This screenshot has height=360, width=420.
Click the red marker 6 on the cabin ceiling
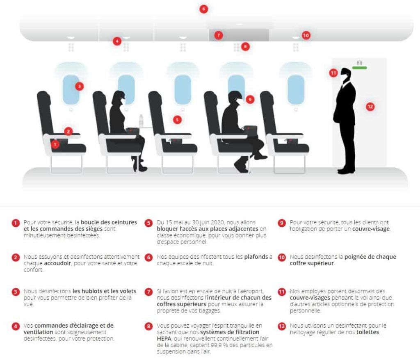coord(204,9)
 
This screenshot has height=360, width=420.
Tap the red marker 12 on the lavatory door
coord(370,107)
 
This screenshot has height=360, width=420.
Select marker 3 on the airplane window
coord(79,86)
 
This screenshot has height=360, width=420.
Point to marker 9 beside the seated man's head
coord(250,99)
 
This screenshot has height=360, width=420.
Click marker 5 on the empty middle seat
coord(177,120)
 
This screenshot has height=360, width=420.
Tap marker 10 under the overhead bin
coord(306,36)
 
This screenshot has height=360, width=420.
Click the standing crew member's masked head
coord(346,75)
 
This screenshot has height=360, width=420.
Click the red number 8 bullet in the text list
coord(148,326)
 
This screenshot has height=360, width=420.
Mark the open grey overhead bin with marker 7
coord(239,35)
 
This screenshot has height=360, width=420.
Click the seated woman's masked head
coord(119,98)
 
